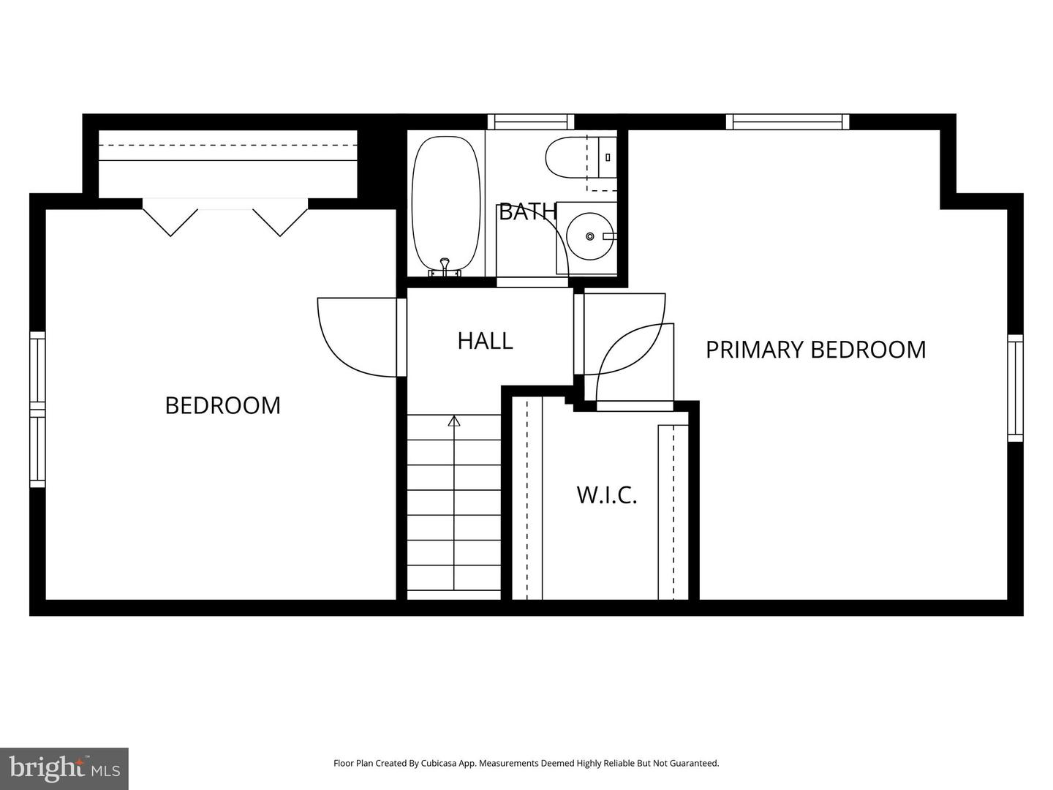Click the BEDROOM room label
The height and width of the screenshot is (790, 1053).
(222, 405)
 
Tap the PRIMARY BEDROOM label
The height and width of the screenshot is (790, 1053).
(815, 350)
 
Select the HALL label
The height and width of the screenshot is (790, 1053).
(485, 341)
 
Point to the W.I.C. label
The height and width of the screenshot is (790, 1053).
(607, 495)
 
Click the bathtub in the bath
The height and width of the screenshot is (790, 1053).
(445, 206)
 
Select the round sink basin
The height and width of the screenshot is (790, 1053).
(589, 236)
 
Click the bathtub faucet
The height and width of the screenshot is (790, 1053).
(445, 268)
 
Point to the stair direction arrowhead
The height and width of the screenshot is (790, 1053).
(454, 421)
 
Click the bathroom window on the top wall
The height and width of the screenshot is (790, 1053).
(531, 122)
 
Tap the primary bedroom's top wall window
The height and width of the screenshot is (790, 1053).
(788, 122)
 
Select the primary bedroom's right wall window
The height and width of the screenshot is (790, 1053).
(1015, 388)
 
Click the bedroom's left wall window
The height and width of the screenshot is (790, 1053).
(37, 410)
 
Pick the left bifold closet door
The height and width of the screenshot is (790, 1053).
(170, 218)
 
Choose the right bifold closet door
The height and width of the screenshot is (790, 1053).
(280, 218)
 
